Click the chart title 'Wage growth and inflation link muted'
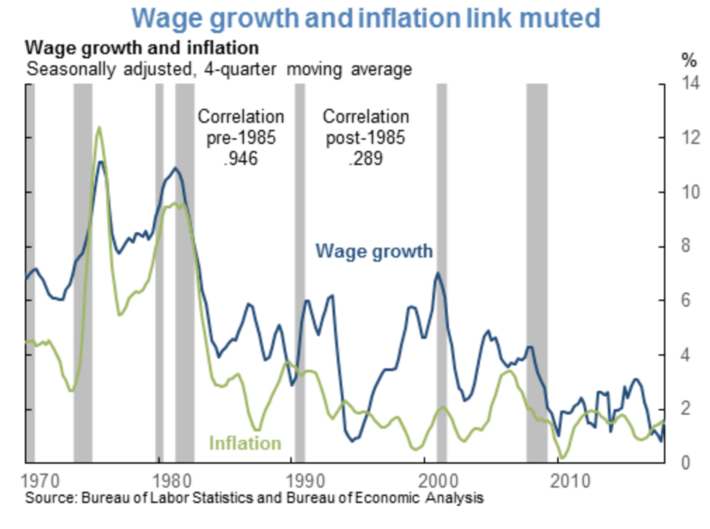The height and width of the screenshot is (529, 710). click(366, 19)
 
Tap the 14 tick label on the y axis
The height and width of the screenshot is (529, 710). click(690, 83)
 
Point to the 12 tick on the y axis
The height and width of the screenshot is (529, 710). click(690, 137)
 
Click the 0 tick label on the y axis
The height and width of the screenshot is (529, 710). click(685, 463)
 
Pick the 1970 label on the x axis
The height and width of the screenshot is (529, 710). click(40, 481)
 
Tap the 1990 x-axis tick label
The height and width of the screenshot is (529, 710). click(305, 481)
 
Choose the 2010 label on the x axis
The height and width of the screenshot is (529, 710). click(570, 481)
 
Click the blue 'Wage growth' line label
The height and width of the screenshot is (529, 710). click(374, 251)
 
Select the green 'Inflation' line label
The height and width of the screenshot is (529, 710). click(245, 443)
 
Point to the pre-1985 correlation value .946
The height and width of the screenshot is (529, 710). click(241, 158)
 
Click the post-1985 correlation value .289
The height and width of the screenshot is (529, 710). click(365, 158)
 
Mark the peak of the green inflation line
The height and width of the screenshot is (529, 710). click(99, 128)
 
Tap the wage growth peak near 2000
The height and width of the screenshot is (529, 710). click(438, 273)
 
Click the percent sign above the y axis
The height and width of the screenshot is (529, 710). click(689, 59)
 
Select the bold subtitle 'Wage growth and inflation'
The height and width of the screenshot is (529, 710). click(142, 48)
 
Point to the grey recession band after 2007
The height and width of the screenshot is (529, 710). click(536, 272)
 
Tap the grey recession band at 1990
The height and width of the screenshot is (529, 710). click(299, 272)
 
